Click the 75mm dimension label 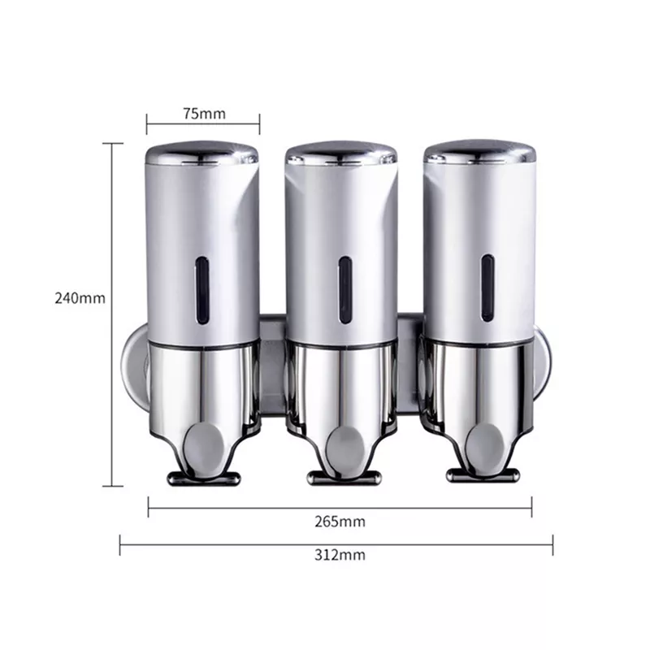click(x=203, y=113)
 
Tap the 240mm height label click(x=80, y=297)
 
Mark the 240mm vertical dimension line click(x=113, y=244)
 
